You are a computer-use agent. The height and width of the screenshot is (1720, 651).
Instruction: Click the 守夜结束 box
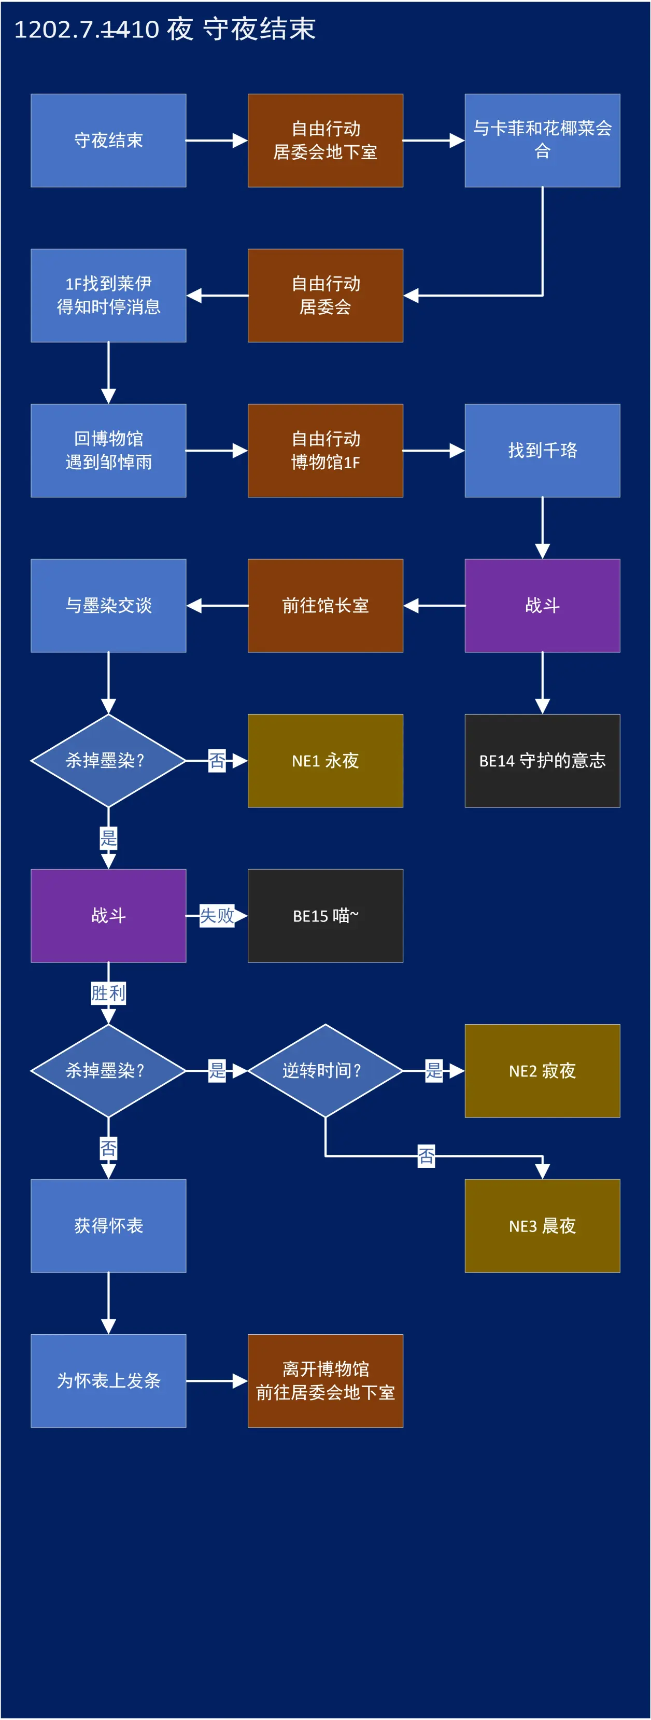[108, 140]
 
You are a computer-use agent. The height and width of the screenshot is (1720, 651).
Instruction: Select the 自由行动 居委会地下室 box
[325, 140]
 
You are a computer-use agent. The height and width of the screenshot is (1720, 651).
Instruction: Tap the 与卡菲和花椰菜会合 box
[542, 140]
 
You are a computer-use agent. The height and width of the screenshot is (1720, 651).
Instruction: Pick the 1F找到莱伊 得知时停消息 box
[108, 295]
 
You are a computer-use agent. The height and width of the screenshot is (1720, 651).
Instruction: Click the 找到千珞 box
[542, 450]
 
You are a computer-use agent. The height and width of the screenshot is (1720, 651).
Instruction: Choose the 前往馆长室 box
[325, 605]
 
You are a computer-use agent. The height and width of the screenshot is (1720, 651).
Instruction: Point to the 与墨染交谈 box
[108, 605]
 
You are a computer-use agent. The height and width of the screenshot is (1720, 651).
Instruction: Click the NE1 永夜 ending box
[325, 761]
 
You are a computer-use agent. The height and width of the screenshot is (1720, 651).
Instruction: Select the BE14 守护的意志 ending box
[542, 761]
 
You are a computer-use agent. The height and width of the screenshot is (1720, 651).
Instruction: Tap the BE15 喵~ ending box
[325, 915]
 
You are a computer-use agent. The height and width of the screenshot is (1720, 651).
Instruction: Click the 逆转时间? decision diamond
[325, 1070]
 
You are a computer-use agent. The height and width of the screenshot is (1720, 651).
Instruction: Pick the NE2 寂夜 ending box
[542, 1070]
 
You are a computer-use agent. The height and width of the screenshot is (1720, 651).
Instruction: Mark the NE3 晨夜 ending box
[542, 1225]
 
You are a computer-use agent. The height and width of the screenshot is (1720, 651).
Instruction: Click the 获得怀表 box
[108, 1225]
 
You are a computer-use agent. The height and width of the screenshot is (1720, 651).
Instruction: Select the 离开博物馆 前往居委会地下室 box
[325, 1381]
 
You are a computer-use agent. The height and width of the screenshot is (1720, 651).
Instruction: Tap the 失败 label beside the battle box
[217, 915]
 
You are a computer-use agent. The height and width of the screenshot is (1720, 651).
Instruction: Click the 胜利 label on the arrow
[108, 993]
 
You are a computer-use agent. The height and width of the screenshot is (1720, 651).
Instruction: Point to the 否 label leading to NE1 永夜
[217, 761]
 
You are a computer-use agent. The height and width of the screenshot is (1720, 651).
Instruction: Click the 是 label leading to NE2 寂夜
[434, 1070]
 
